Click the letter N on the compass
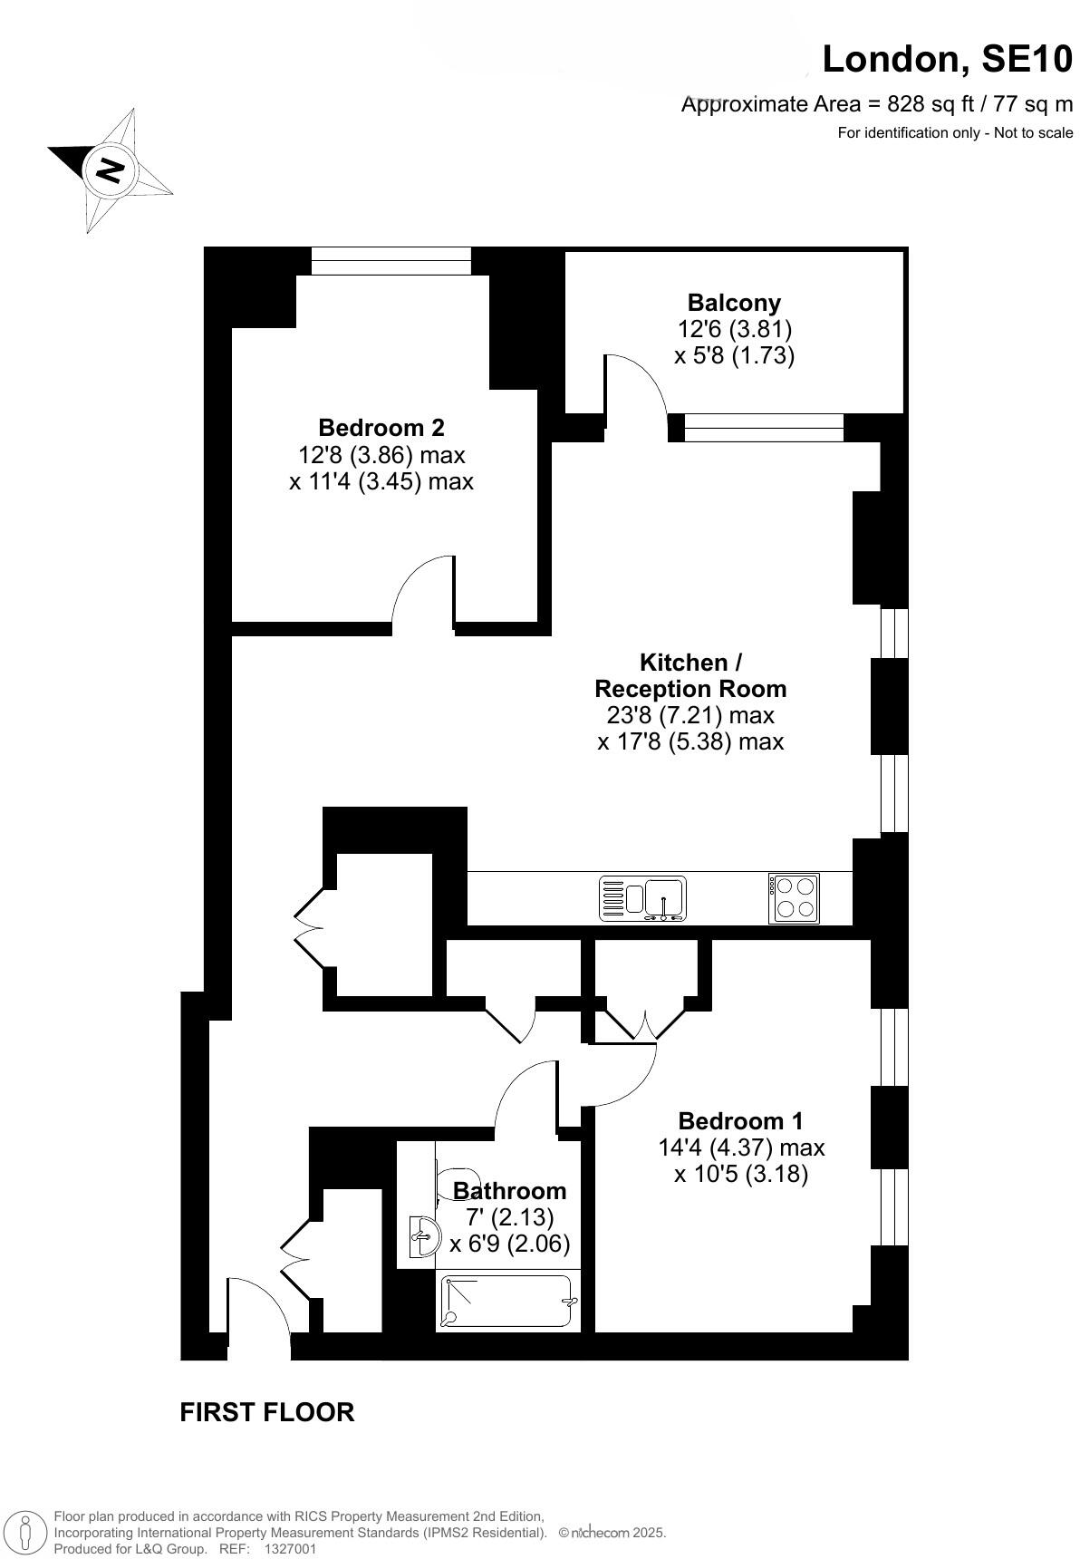tap(111, 169)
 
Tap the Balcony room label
tap(734, 303)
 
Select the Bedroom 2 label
tap(381, 427)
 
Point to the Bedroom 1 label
tap(740, 1121)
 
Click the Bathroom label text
tap(509, 1190)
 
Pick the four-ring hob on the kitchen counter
tap(794, 897)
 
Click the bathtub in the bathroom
tap(507, 1302)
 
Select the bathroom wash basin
tap(423, 1235)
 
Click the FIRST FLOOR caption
tap(266, 1412)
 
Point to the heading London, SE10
tap(947, 60)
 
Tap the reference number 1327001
tap(290, 1549)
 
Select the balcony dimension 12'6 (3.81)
tap(734, 329)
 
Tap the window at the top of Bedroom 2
tap(391, 260)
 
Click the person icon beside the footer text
tap(27, 1532)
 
